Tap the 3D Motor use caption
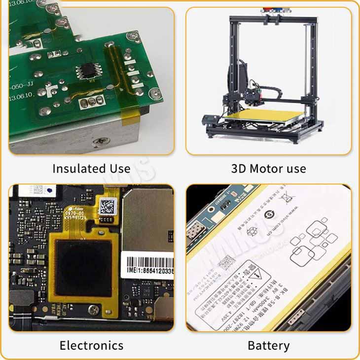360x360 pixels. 268,169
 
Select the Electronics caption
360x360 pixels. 91,345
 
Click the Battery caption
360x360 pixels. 268,345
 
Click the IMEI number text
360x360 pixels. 147,272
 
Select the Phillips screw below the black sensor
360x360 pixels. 92,310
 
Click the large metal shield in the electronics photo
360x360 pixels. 148,217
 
